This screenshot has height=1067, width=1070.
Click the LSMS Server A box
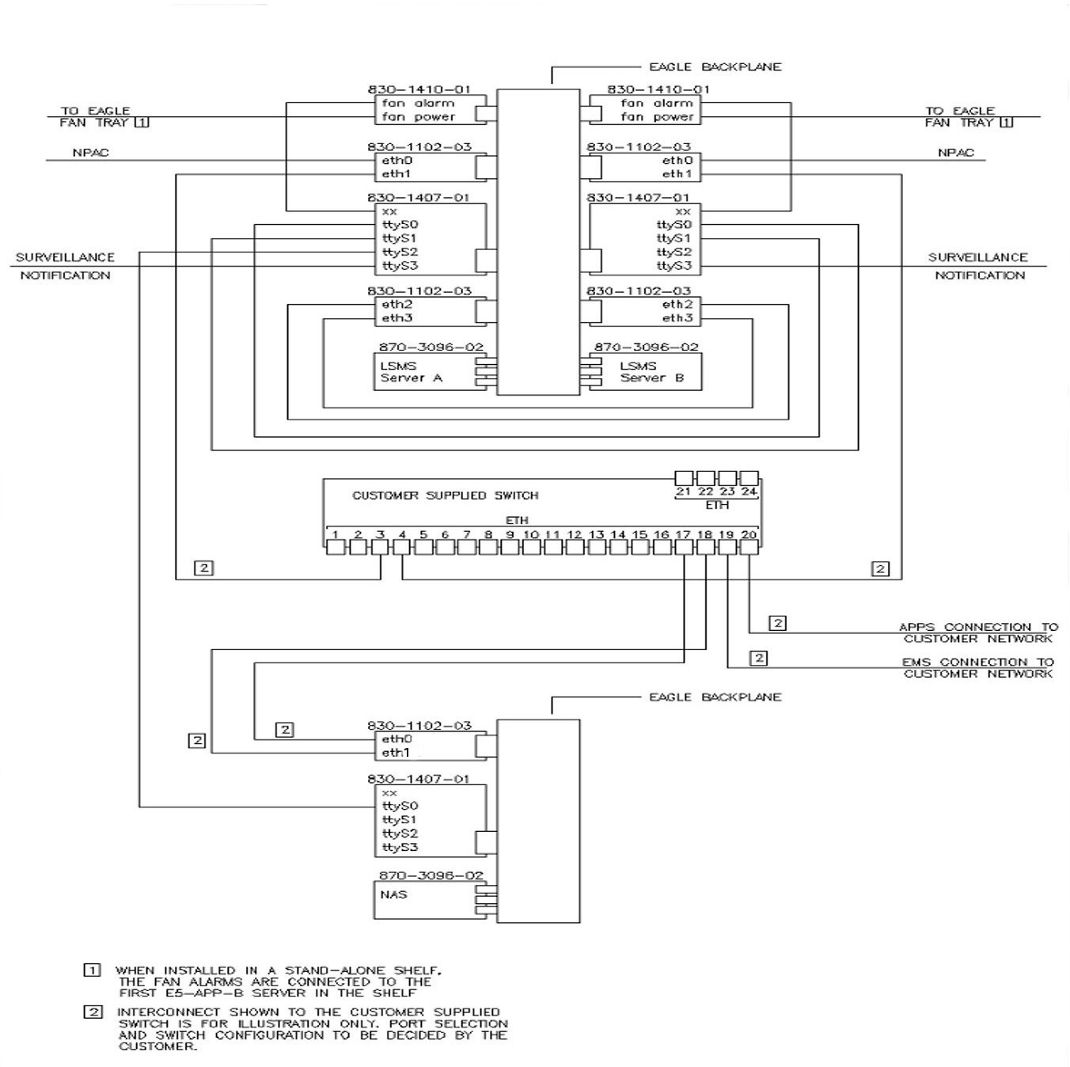(x=423, y=372)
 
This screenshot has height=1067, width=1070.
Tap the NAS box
(x=423, y=900)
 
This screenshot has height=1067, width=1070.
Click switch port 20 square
(x=749, y=546)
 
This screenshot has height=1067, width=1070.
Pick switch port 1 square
(x=335, y=546)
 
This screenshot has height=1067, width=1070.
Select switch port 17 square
(x=684, y=546)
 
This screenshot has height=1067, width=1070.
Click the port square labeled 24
(x=749, y=478)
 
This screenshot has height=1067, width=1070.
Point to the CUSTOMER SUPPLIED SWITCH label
(x=445, y=496)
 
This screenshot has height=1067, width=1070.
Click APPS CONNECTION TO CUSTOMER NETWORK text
(x=978, y=632)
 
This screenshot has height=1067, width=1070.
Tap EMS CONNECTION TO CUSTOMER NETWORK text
(x=978, y=668)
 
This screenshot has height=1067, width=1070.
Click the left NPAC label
(x=91, y=152)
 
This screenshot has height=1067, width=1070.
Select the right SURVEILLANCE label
(x=977, y=257)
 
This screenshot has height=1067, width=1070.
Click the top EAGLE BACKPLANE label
(x=715, y=67)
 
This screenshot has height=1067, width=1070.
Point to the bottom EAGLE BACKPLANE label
(x=715, y=697)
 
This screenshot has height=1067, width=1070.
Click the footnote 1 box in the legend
(x=93, y=970)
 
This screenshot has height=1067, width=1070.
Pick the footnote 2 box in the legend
(x=93, y=1012)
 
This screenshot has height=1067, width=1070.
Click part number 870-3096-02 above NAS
(x=431, y=875)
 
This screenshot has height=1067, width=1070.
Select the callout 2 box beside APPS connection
(x=778, y=623)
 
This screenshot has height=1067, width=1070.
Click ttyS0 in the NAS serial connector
(x=400, y=806)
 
